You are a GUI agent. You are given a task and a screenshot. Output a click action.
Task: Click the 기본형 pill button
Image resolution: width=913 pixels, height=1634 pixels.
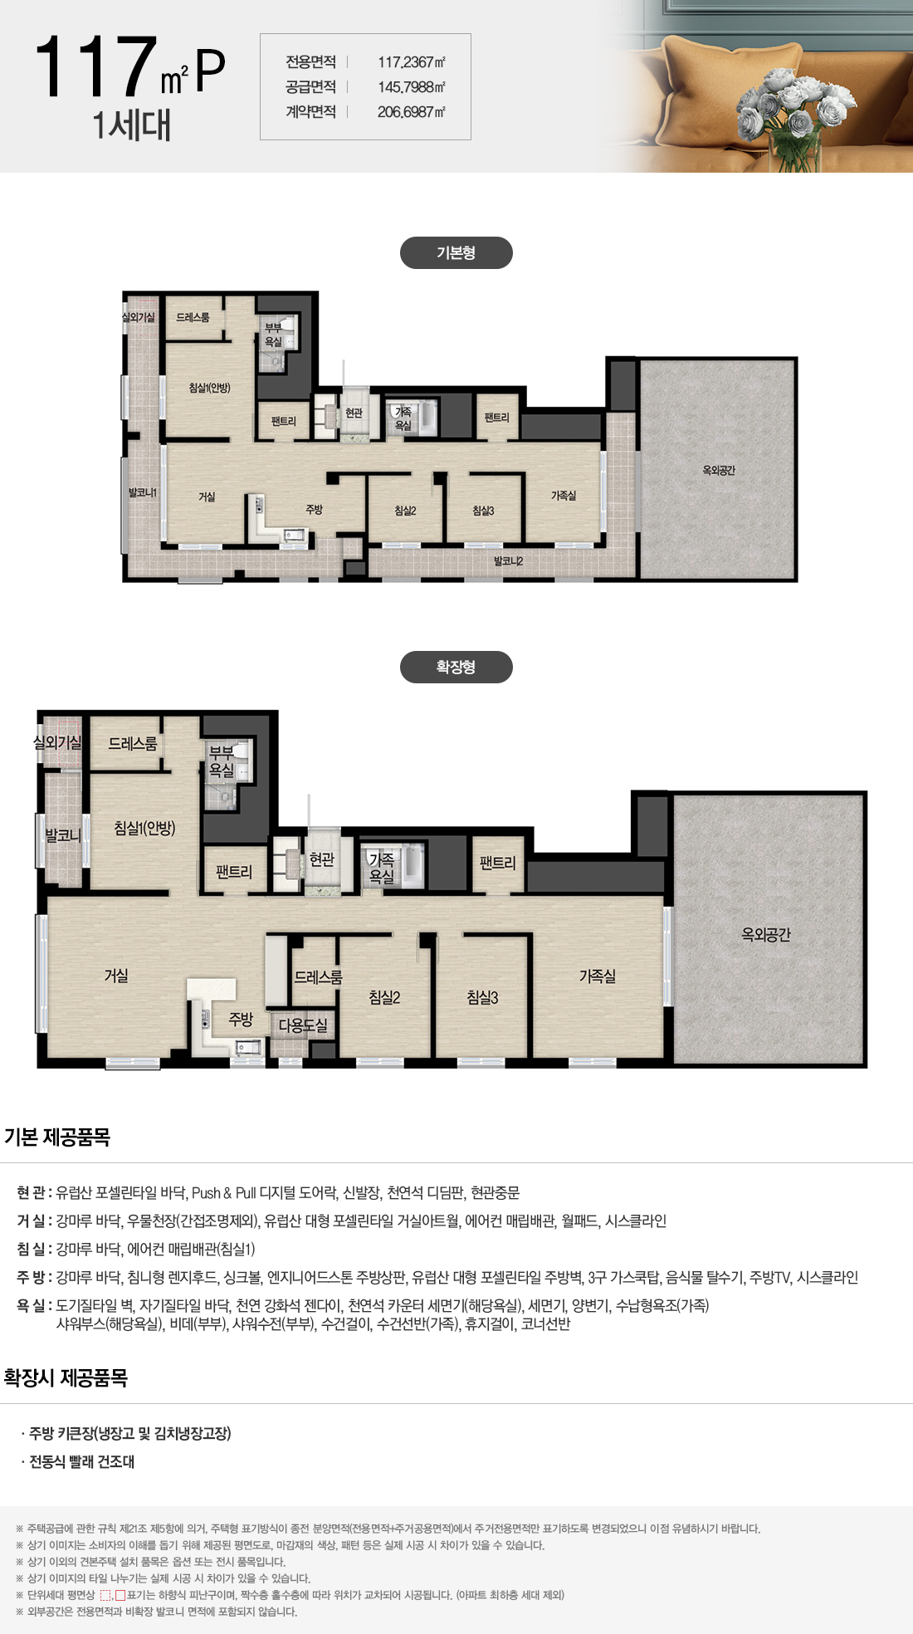pyautogui.click(x=456, y=253)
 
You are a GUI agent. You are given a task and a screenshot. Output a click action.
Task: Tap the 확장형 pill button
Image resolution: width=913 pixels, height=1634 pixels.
pyautogui.click(x=456, y=667)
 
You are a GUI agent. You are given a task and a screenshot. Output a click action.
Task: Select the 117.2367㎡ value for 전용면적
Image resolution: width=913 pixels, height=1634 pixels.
pyautogui.click(x=412, y=62)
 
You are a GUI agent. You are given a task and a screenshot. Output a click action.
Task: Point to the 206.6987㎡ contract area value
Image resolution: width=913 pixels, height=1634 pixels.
pyautogui.click(x=412, y=112)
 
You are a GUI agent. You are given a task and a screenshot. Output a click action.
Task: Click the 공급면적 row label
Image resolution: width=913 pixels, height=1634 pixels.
pyautogui.click(x=310, y=87)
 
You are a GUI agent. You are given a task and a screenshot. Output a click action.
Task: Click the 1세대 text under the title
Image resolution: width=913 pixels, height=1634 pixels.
pyautogui.click(x=131, y=125)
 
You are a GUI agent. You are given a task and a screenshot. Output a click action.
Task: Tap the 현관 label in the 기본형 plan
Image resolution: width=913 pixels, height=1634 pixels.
pyautogui.click(x=354, y=413)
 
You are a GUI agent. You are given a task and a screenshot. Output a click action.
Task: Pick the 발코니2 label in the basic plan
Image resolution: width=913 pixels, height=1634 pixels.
pyautogui.click(x=508, y=561)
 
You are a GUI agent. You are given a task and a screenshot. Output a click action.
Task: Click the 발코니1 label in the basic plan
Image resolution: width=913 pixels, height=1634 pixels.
pyautogui.click(x=143, y=492)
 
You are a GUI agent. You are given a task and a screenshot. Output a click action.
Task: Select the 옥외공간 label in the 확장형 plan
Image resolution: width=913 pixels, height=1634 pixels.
pyautogui.click(x=766, y=935)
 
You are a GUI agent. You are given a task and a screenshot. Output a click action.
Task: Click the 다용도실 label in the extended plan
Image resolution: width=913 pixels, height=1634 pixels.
pyautogui.click(x=303, y=1025)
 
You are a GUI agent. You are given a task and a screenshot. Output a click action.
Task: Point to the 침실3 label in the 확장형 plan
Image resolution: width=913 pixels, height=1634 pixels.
pyautogui.click(x=482, y=997)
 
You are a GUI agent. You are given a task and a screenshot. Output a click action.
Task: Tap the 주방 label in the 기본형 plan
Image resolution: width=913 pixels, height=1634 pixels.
pyautogui.click(x=314, y=509)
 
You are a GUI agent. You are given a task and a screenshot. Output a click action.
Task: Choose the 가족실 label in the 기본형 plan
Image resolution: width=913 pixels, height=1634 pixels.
pyautogui.click(x=564, y=496)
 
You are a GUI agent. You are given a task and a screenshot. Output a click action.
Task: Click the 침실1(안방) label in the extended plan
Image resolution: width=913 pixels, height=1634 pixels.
pyautogui.click(x=144, y=828)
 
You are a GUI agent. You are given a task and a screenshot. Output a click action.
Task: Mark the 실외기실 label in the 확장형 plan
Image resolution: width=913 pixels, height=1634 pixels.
pyautogui.click(x=57, y=742)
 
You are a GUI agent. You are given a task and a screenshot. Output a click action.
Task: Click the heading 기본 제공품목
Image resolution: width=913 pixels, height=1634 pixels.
pyautogui.click(x=57, y=1137)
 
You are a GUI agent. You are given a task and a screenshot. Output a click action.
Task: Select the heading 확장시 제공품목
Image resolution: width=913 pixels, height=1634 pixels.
pyautogui.click(x=66, y=1377)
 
